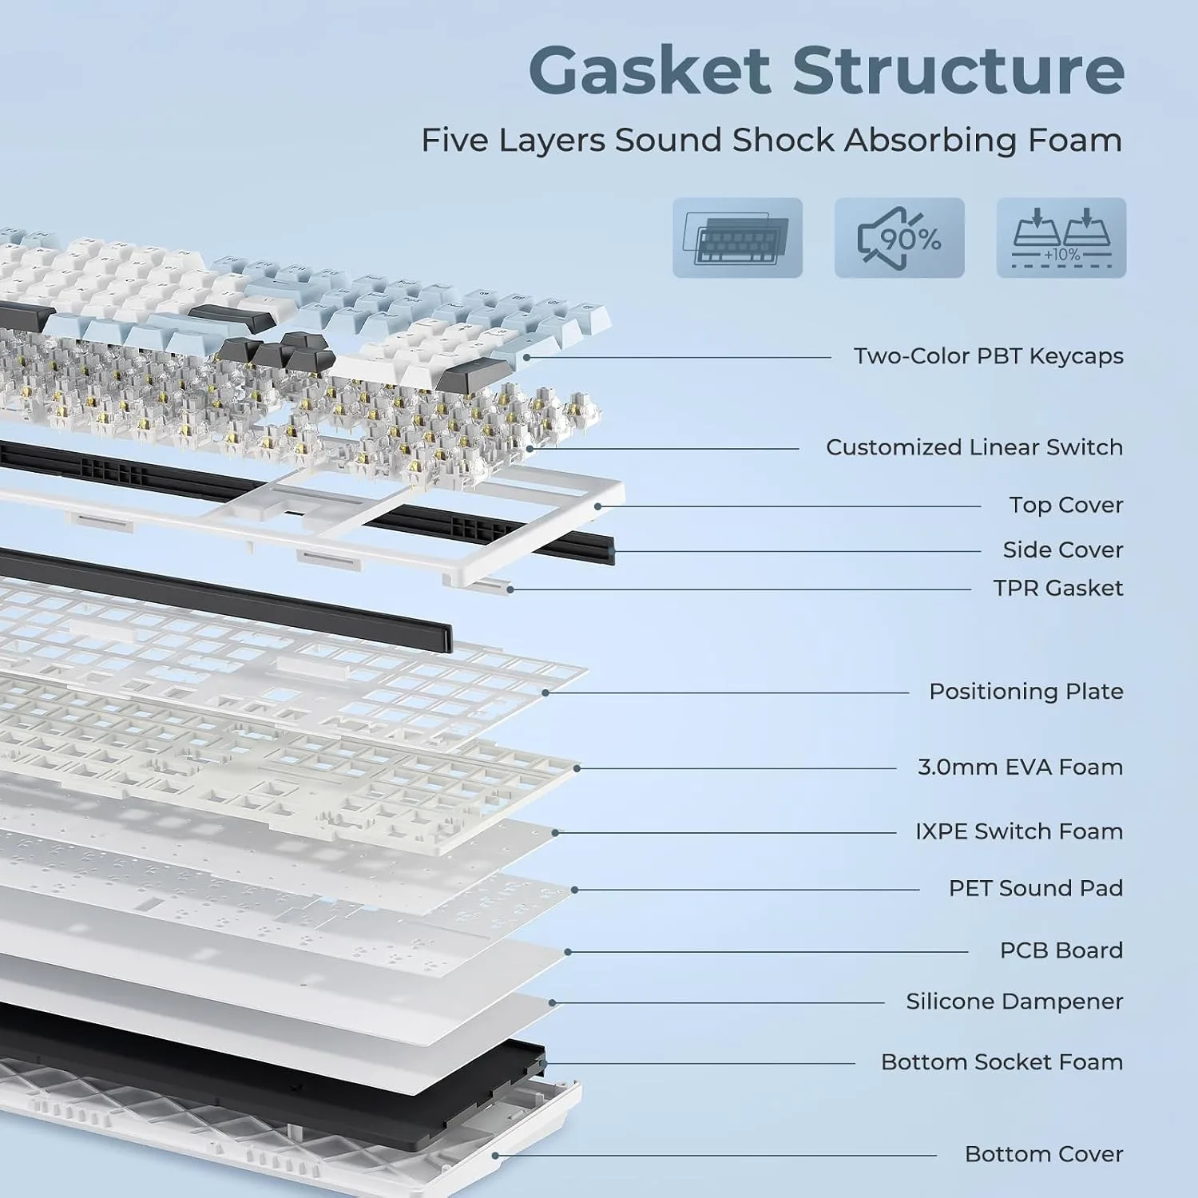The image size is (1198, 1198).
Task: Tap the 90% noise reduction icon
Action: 899,238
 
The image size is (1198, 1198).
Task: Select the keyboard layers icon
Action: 737,238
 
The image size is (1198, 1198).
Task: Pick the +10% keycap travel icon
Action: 1061,238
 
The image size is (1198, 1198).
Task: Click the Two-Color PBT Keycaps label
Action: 989,356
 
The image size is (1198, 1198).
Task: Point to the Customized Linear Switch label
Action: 974,447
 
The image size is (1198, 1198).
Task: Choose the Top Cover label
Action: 1066,506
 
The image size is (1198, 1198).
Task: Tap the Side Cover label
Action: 1063,550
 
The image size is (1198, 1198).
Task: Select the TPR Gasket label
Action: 1058,589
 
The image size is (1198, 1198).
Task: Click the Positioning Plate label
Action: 1026,692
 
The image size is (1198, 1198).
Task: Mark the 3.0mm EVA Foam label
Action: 1021,768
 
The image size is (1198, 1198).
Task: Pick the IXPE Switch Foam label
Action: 1019,832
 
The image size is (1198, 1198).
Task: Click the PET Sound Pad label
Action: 1036,889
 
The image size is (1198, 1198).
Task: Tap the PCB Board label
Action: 1061,950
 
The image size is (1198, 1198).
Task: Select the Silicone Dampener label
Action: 1014,1002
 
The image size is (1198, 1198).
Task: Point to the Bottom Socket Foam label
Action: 1002,1062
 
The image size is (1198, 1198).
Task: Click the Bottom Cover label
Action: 1044,1154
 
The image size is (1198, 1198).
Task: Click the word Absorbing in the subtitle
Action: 931,141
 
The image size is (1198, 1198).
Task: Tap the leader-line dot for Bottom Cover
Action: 496,1155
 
